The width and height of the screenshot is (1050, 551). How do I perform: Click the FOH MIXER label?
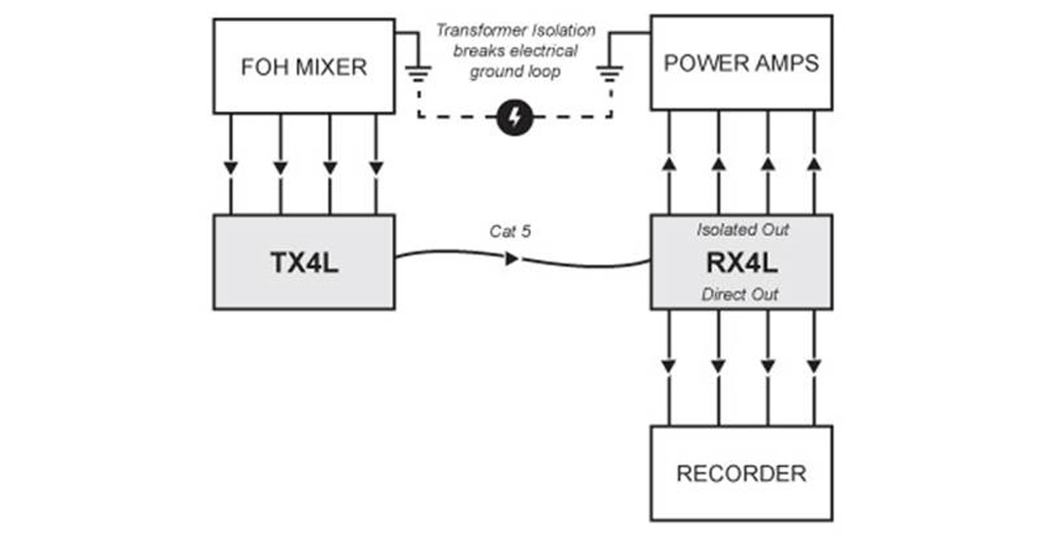click(x=304, y=67)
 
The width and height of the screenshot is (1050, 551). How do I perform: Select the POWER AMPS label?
click(x=741, y=63)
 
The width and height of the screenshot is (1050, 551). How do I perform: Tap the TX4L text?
click(x=304, y=262)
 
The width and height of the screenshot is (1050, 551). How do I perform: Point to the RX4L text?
click(x=742, y=263)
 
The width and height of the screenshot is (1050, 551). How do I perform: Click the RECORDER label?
click(x=742, y=474)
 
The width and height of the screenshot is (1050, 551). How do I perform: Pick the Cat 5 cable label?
click(x=510, y=231)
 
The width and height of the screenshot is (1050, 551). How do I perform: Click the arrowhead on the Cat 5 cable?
click(x=512, y=259)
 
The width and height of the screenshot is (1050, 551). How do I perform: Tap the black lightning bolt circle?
click(x=514, y=117)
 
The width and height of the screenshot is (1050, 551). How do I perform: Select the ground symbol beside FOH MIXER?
click(x=418, y=73)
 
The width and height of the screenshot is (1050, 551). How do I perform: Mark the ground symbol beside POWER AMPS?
click(x=609, y=73)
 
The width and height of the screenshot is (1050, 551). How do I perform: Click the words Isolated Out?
click(x=743, y=229)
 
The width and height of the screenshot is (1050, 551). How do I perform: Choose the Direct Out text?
click(x=739, y=294)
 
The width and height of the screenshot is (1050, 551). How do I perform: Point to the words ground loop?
click(x=514, y=72)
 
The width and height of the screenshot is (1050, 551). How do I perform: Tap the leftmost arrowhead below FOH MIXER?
click(x=231, y=168)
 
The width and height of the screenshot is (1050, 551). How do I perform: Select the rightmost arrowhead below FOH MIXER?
click(x=376, y=168)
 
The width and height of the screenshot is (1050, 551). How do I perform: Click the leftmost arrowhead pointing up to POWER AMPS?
click(x=668, y=164)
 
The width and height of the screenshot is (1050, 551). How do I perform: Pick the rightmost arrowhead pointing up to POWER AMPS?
click(x=815, y=164)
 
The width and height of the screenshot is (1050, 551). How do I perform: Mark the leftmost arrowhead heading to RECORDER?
click(x=668, y=366)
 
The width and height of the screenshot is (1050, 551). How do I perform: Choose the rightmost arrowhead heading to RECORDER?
click(x=815, y=366)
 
